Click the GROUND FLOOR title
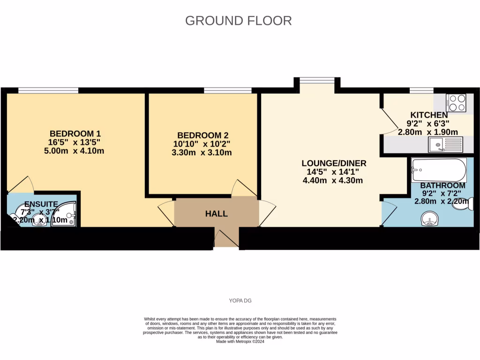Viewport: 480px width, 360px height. click(238, 21)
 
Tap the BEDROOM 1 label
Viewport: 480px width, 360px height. click(75, 133)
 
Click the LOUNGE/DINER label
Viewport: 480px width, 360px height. click(333, 163)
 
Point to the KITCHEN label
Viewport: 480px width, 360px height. click(429, 115)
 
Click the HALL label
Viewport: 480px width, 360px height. click(216, 214)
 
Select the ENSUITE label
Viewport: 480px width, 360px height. click(41, 204)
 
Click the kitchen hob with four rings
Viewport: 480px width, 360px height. click(456, 103)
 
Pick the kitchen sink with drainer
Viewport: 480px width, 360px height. click(445, 144)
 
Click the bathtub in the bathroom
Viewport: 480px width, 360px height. click(438, 170)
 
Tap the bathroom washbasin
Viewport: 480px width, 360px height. click(430, 218)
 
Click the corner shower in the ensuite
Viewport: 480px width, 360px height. click(63, 215)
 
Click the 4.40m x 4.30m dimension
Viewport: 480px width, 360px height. click(333, 180)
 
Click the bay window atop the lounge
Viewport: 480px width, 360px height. click(317, 81)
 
